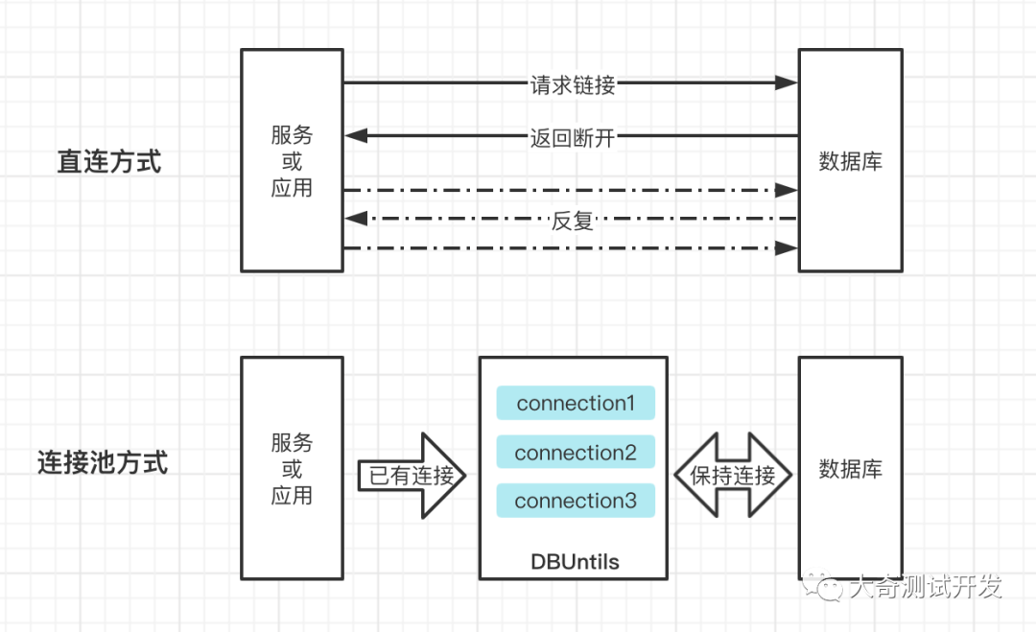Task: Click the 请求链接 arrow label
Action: click(572, 84)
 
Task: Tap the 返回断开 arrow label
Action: click(572, 137)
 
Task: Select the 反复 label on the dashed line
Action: click(572, 221)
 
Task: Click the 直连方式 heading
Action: click(109, 161)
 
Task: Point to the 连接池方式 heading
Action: click(103, 462)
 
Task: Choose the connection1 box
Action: click(576, 403)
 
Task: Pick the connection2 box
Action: click(576, 453)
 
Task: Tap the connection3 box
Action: click(576, 501)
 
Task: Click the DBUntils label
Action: click(575, 561)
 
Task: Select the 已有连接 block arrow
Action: click(412, 475)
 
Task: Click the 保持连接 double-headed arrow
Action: click(733, 475)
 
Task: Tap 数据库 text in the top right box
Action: click(850, 161)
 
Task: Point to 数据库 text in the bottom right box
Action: click(850, 469)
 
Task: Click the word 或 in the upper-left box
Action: click(292, 161)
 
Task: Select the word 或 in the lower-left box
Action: click(292, 469)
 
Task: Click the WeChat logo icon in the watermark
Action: click(823, 585)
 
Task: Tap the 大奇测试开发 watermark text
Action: click(925, 586)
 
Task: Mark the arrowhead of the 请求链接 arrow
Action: click(787, 82)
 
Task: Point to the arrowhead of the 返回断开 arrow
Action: click(356, 135)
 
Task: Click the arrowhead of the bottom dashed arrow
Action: click(787, 248)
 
